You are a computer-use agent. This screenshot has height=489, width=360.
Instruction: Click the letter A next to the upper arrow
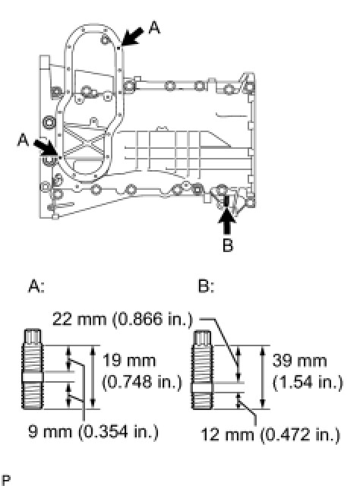[x=155, y=27]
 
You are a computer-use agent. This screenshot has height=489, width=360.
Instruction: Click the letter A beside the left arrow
[x=23, y=140]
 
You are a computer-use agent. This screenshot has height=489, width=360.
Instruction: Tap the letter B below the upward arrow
[x=228, y=245]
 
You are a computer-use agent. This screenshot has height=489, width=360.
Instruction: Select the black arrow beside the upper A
[x=132, y=36]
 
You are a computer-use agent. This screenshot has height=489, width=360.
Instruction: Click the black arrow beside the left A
[x=46, y=147]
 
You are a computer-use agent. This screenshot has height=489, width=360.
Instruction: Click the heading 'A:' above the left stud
[x=36, y=286]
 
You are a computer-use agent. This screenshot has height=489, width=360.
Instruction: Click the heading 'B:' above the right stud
[x=206, y=286]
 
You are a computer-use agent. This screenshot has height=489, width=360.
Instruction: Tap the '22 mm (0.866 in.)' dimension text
[x=122, y=319]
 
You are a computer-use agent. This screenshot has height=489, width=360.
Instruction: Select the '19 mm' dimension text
[x=129, y=361]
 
